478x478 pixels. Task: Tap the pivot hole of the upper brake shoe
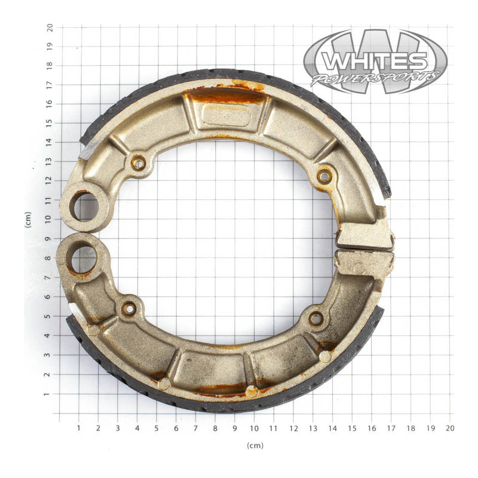(83, 206)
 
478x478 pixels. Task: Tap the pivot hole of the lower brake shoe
(83, 259)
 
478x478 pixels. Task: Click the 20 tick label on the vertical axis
(50, 27)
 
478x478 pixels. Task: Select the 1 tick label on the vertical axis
(50, 394)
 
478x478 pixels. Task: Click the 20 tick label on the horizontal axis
(450, 428)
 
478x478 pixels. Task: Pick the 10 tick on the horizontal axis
(255, 428)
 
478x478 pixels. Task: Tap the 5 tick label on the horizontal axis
(157, 428)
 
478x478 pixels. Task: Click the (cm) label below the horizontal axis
(255, 445)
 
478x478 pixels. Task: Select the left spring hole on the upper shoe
(138, 162)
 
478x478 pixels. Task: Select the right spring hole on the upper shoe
(324, 176)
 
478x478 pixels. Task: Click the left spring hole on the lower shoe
(128, 309)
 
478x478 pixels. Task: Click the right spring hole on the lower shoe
(315, 318)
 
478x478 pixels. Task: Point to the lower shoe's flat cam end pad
(364, 262)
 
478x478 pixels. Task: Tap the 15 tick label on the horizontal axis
(352, 428)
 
